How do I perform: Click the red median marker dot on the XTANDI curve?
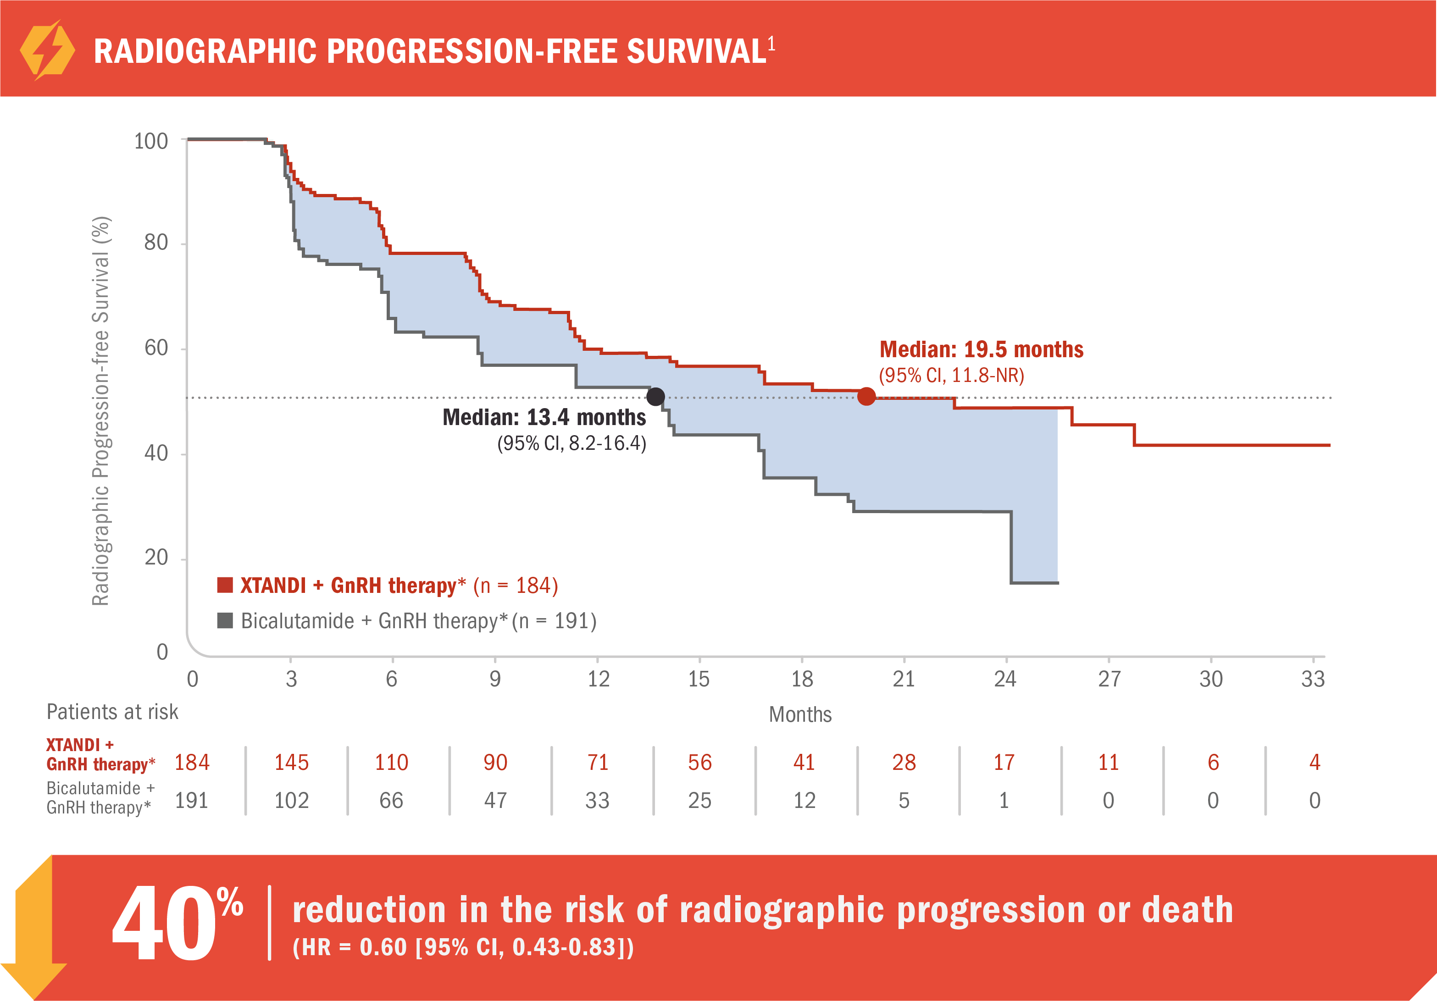coord(866,396)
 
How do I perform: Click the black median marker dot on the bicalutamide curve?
coord(655,397)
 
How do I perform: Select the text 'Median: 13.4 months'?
coord(544,417)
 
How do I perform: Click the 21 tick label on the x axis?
coord(904,679)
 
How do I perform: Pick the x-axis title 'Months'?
coord(800,714)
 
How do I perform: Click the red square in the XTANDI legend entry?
coord(225,585)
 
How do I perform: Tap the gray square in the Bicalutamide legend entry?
coord(225,620)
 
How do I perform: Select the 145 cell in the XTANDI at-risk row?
coord(292,762)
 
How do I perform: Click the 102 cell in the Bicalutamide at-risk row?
coord(292,800)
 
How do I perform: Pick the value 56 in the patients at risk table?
coord(700,762)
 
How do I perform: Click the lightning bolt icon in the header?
coord(48,50)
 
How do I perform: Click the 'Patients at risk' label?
coord(113,712)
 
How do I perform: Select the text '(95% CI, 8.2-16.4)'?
coord(571,443)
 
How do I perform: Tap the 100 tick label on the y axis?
coord(151,141)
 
